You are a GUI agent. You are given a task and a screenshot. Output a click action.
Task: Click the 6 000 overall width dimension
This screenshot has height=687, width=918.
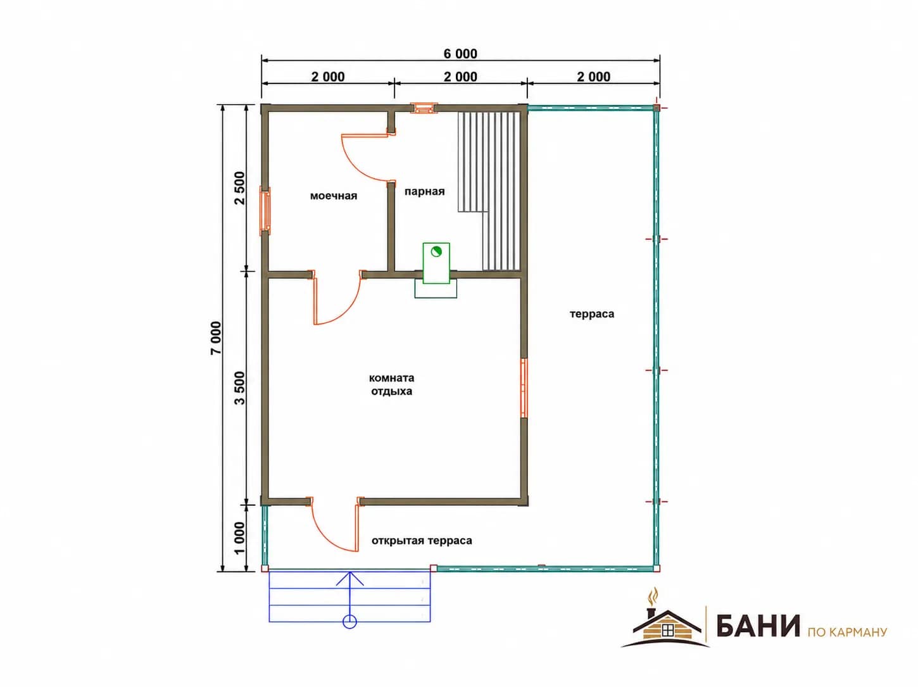coord(460,54)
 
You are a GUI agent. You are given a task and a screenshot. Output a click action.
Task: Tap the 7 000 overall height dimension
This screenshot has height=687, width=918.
coord(216,338)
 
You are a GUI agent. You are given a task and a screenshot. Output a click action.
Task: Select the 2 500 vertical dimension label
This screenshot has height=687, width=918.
coord(240,188)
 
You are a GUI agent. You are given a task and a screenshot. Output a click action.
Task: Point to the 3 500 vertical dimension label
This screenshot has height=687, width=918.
coord(240,388)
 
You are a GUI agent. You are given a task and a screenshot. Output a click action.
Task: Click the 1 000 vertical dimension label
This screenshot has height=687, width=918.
coord(240,538)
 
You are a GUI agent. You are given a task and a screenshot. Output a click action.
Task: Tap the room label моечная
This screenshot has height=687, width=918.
coord(333,196)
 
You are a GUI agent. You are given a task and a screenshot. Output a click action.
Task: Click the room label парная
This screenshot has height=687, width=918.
coord(425,191)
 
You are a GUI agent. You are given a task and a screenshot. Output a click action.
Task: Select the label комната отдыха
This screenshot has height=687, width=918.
coord(391,385)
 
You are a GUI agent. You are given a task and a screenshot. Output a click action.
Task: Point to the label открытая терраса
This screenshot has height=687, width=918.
coord(422,541)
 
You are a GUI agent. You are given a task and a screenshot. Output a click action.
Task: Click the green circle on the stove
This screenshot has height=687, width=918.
coord(436,251)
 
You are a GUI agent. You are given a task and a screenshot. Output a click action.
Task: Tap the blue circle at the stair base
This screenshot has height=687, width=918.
coord(349,622)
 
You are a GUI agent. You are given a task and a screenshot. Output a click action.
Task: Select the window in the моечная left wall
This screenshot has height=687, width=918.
coord(265,211)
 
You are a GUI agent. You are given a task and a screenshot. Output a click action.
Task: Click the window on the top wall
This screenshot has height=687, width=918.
coord(424,109)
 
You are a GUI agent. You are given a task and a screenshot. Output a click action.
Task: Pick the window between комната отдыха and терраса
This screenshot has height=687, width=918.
coord(524,388)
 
